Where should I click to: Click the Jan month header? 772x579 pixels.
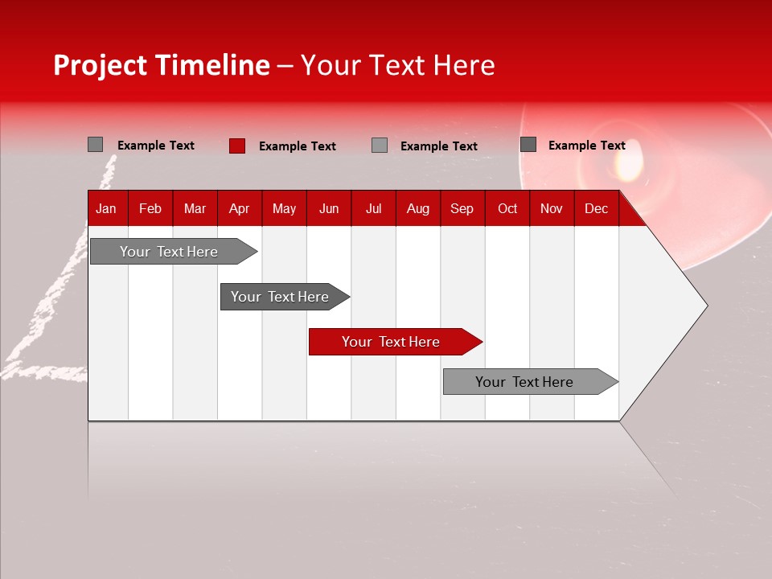pyautogui.click(x=106, y=209)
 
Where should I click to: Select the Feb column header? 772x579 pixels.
pyautogui.click(x=150, y=209)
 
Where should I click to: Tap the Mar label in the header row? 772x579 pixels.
pyautogui.click(x=195, y=209)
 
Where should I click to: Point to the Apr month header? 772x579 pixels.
pyautogui.click(x=240, y=209)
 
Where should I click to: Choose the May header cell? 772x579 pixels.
pyautogui.click(x=284, y=209)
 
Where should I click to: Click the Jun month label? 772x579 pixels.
pyautogui.click(x=329, y=209)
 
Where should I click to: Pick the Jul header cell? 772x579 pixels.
pyautogui.click(x=373, y=209)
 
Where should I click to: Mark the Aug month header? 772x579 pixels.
pyautogui.click(x=418, y=209)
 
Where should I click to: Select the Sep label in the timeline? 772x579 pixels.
pyautogui.click(x=462, y=209)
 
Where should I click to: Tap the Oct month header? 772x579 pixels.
pyautogui.click(x=507, y=209)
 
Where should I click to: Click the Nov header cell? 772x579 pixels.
pyautogui.click(x=552, y=209)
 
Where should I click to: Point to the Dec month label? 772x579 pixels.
pyautogui.click(x=596, y=209)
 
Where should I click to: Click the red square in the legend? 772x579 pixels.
pyautogui.click(x=237, y=146)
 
